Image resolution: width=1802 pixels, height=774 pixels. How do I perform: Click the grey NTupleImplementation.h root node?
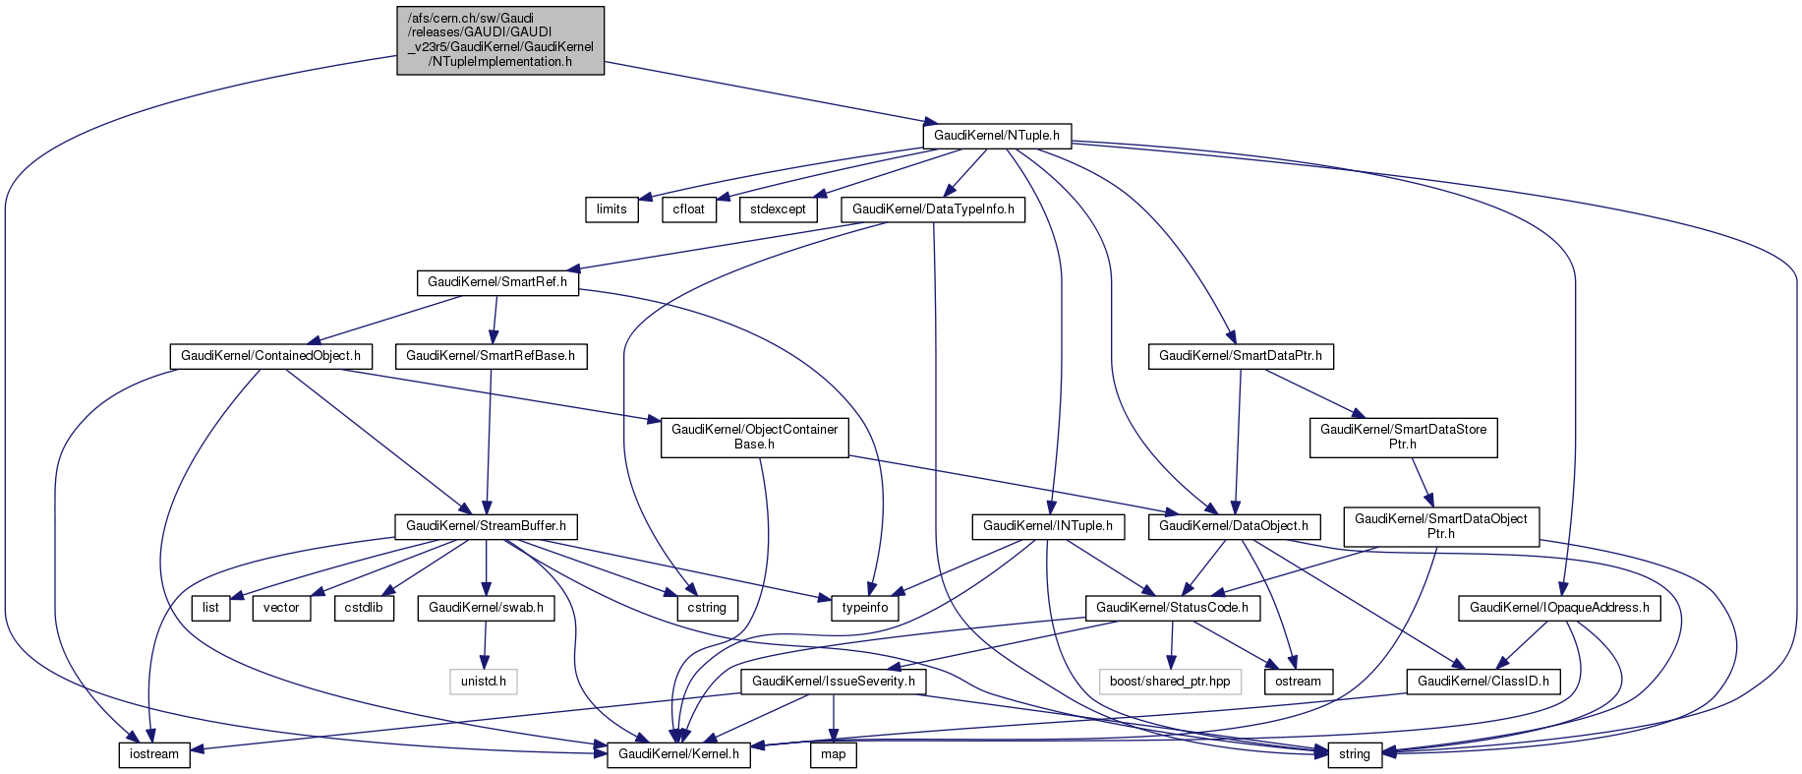500,40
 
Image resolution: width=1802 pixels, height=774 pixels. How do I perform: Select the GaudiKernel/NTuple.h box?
996,135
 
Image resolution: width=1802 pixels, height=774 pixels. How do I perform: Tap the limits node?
611,208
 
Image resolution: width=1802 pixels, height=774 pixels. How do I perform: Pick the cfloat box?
689,208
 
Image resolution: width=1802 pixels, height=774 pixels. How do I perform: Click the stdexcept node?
778,208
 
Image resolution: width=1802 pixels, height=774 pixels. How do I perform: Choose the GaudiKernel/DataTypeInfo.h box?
933,208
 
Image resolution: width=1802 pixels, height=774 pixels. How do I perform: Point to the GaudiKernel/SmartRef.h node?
497,282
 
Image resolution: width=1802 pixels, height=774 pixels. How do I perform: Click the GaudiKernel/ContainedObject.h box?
270,356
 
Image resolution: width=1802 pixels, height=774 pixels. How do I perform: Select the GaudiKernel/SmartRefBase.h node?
491,356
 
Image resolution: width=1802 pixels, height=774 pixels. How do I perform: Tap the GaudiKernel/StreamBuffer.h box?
486,526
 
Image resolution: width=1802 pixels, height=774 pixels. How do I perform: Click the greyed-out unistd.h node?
484,681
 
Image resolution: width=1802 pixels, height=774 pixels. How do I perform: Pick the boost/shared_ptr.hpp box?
1170,681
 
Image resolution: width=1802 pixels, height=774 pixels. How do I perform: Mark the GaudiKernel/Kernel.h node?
678,754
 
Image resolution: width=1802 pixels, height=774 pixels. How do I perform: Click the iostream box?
154,754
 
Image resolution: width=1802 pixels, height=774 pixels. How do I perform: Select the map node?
833,754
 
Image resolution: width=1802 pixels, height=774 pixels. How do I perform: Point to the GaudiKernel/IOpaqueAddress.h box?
1559,608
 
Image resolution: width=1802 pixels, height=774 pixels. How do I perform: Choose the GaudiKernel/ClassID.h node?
1483,681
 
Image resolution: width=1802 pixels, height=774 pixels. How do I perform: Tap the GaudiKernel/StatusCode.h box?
1172,608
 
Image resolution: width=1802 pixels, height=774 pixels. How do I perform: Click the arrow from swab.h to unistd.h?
484,644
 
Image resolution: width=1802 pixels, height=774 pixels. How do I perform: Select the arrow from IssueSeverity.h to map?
833,718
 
